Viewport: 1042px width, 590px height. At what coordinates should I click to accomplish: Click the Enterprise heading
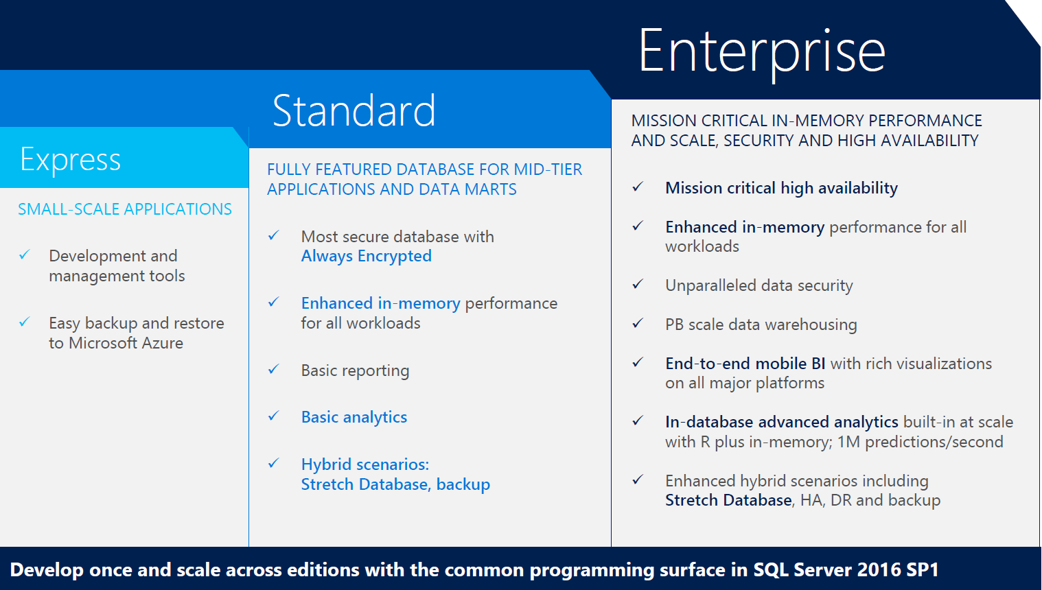(762, 52)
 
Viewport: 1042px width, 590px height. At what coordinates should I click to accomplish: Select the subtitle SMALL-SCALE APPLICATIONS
(125, 209)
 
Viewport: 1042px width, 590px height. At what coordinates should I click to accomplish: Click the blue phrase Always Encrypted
(367, 256)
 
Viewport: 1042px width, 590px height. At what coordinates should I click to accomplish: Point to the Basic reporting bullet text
(355, 370)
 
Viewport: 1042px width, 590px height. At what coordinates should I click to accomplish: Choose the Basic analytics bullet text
(354, 417)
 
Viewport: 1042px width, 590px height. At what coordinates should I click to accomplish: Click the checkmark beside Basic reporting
(273, 369)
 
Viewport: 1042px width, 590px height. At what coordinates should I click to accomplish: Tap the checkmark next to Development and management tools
(25, 255)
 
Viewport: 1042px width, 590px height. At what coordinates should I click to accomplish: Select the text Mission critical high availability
(781, 188)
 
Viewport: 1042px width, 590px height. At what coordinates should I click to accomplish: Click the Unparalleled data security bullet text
(759, 285)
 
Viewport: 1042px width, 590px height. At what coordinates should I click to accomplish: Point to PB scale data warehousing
(761, 324)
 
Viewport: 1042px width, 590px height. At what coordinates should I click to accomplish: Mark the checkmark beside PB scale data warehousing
(638, 322)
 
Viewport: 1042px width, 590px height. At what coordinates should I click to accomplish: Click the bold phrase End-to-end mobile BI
(745, 364)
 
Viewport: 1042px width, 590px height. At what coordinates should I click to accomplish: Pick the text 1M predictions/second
(920, 442)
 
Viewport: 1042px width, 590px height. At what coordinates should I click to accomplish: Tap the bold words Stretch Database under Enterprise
(728, 500)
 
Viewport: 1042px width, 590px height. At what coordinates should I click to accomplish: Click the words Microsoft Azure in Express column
(126, 343)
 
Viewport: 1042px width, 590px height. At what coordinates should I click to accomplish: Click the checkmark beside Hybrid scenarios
(273, 463)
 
